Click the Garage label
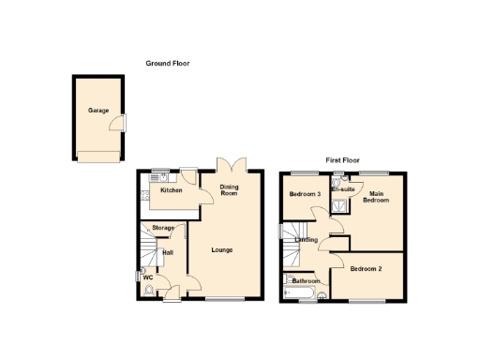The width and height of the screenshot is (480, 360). pos(98,110)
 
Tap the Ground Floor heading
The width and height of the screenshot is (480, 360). pos(168,63)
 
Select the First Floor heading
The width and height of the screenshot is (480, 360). pos(343,160)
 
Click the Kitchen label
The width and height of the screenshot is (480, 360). pos(171,191)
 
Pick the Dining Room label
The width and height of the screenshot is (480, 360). pos(230,191)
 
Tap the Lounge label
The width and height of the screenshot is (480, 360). pos(222,249)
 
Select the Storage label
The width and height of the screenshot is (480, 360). pos(163,229)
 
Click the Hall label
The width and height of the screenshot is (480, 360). pos(168,252)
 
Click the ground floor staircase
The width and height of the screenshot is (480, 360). pos(148,248)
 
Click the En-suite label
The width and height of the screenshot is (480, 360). pos(342,189)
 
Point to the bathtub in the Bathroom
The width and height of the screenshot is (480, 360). pos(302,293)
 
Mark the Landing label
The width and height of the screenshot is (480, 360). pos(306,241)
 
